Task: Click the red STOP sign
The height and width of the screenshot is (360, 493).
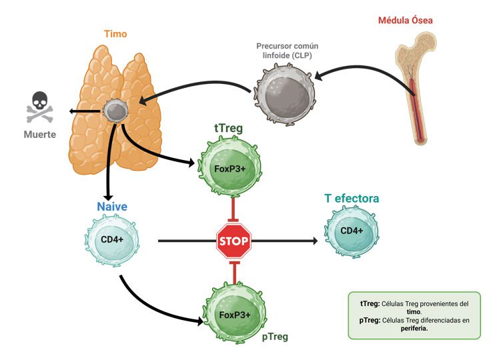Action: click(x=234, y=241)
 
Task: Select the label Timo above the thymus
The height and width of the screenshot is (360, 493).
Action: click(x=115, y=33)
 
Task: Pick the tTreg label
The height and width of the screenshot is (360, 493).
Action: click(x=227, y=128)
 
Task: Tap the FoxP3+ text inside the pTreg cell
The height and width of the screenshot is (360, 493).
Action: click(x=235, y=315)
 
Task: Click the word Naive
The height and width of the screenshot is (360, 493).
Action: click(x=112, y=207)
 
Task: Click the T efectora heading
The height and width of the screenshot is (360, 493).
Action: click(x=352, y=199)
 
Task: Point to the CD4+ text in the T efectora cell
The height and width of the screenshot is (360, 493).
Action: click(x=351, y=231)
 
